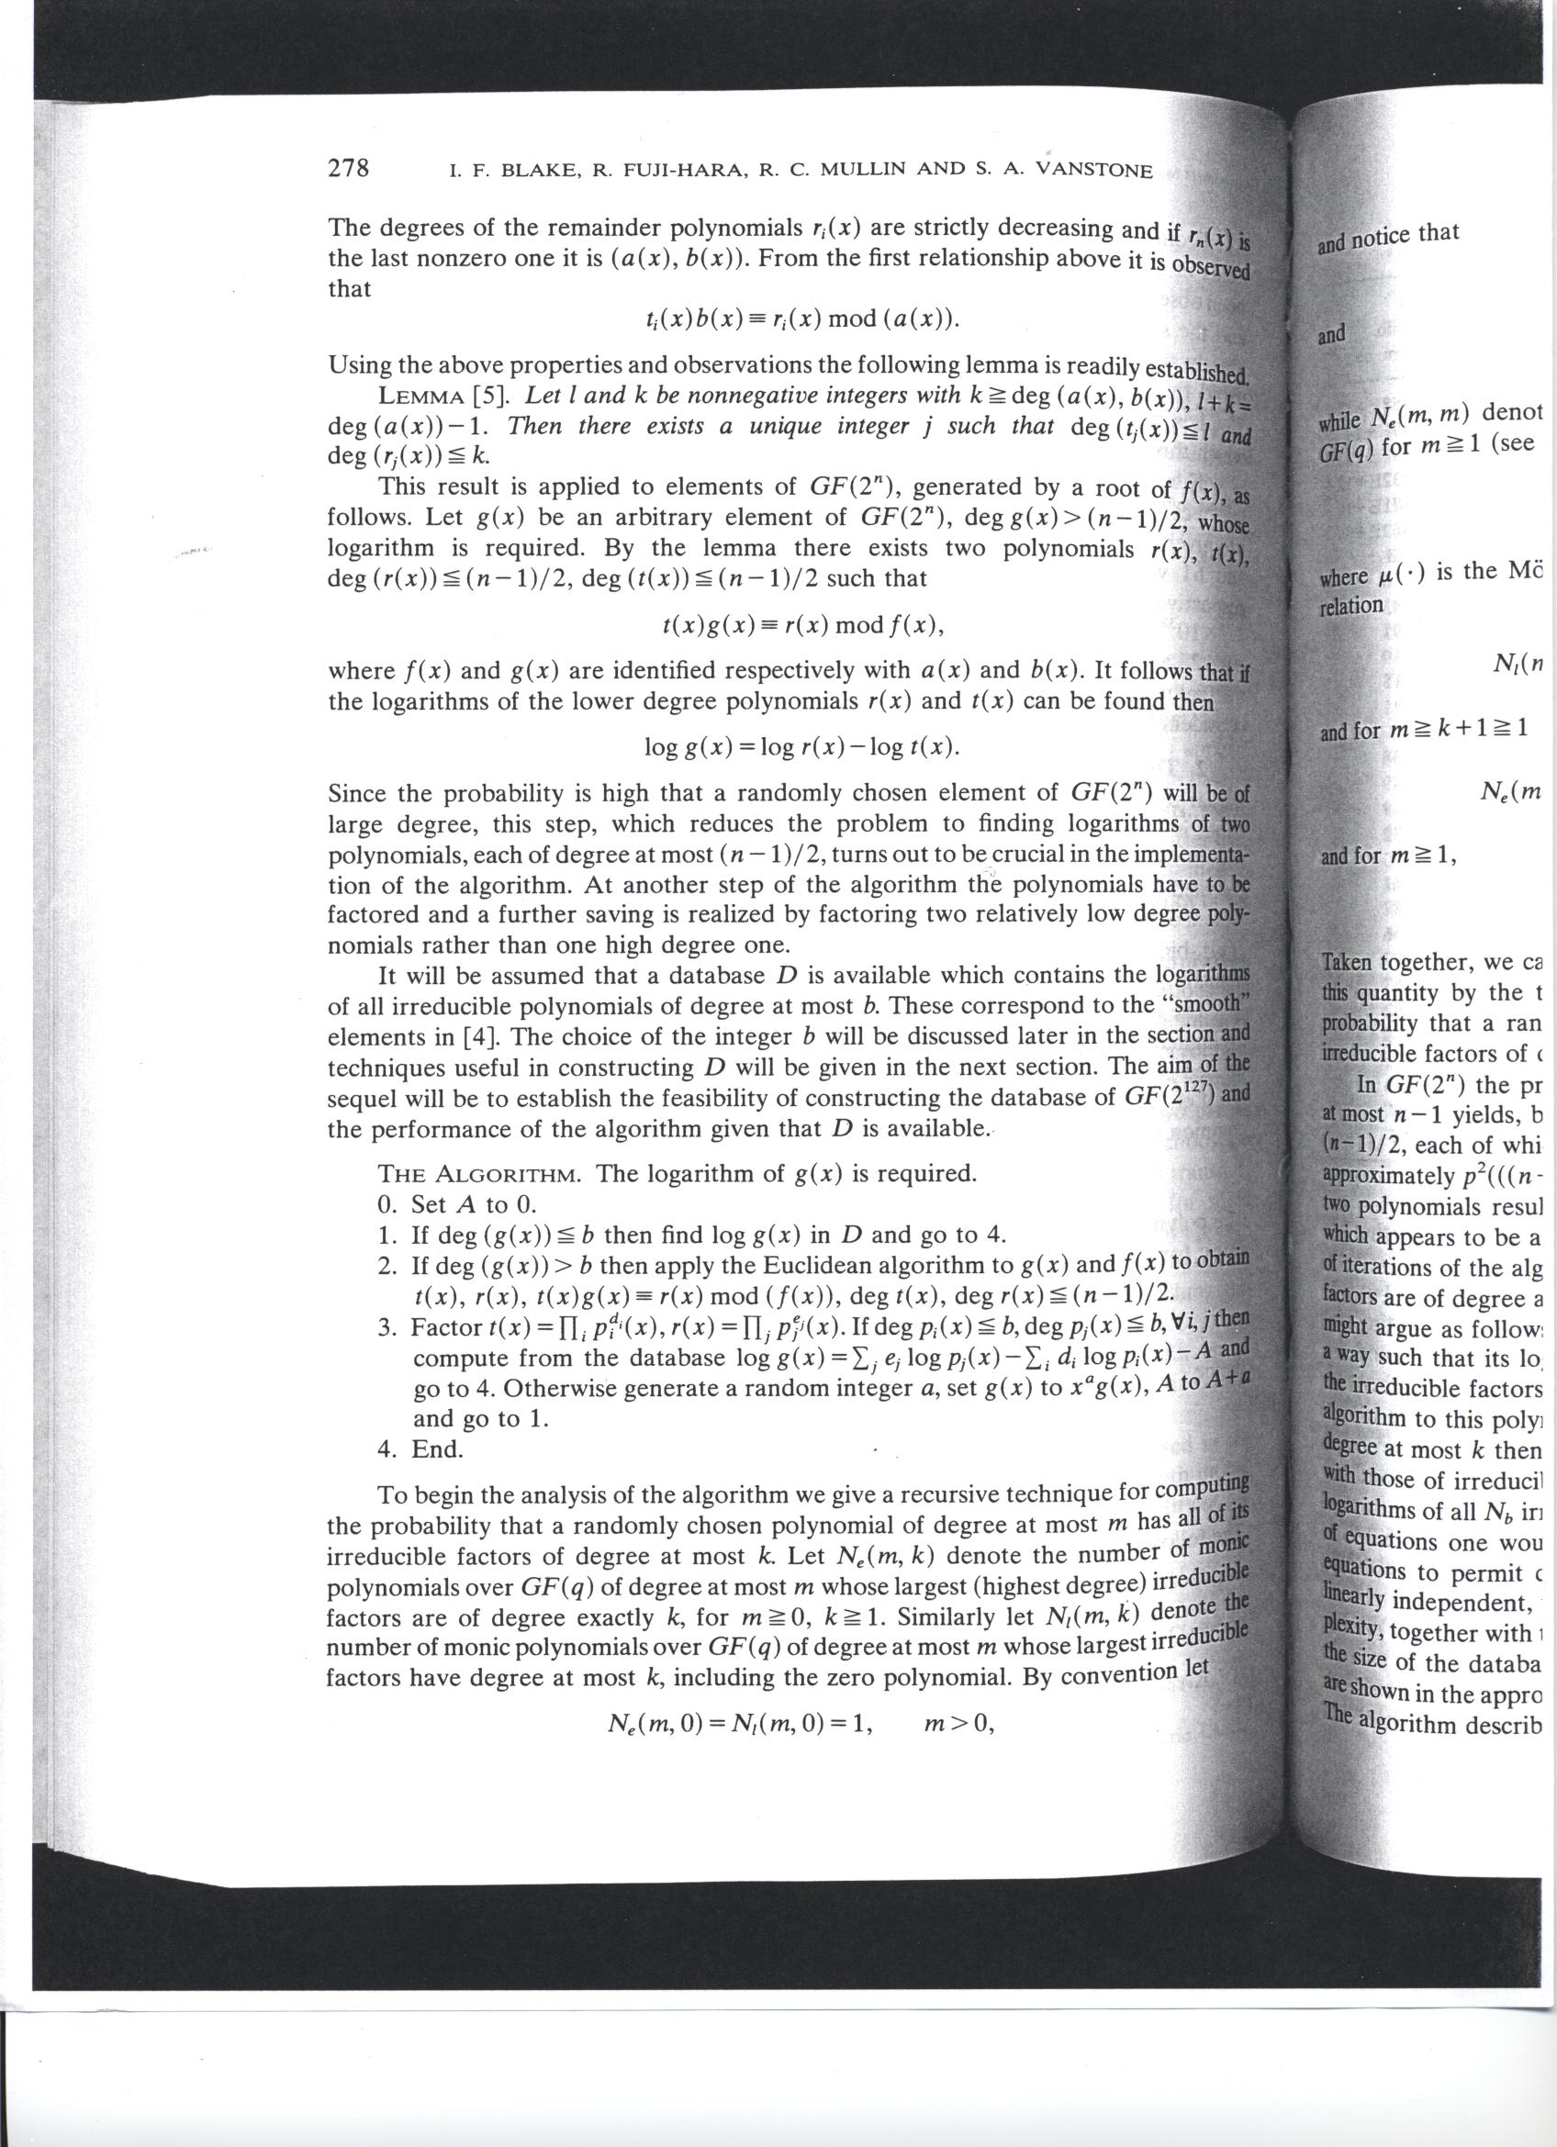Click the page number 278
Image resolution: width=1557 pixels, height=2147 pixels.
pos(347,168)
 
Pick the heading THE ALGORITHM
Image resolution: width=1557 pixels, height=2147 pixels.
pos(485,1174)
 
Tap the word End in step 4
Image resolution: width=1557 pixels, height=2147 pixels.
pos(437,1448)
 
